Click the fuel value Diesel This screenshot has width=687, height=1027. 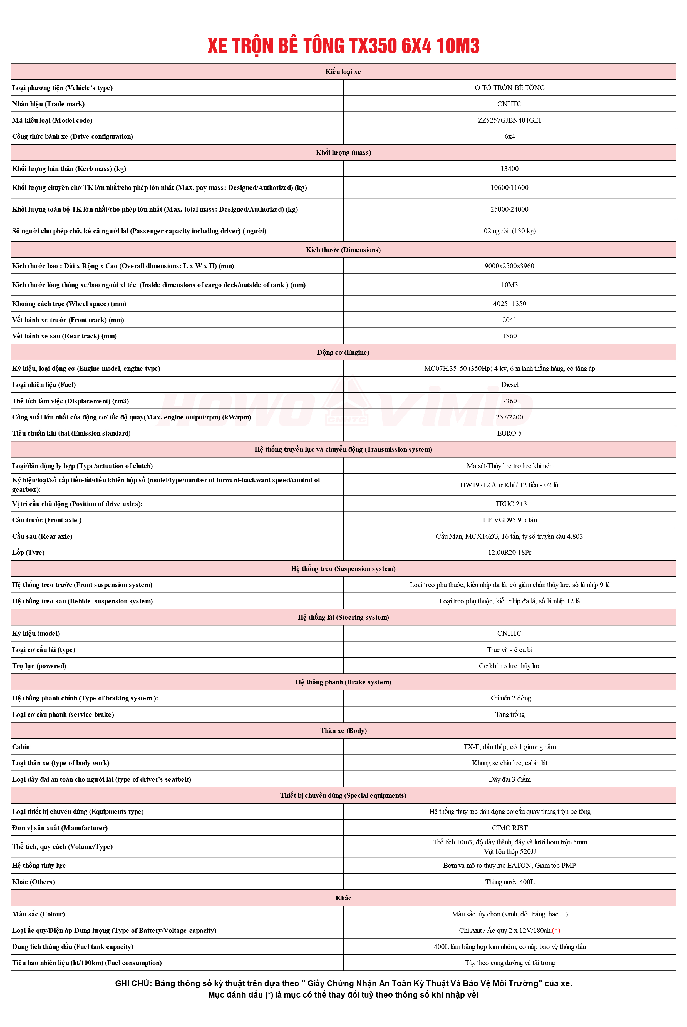(x=510, y=384)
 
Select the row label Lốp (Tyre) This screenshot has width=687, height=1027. (x=28, y=552)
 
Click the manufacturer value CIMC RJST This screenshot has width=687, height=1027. (x=510, y=828)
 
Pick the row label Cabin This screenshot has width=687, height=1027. (x=21, y=747)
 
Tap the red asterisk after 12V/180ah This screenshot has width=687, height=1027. (x=556, y=930)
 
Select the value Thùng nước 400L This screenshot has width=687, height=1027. (x=510, y=882)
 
